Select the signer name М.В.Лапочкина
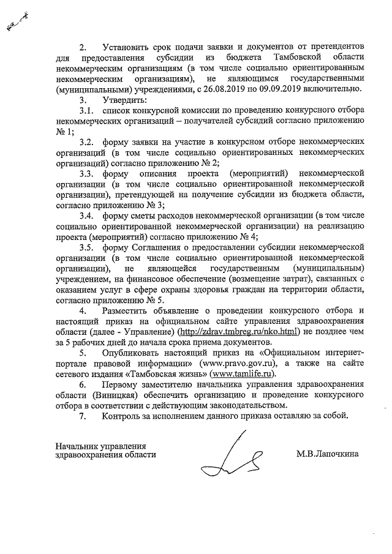pyautogui.click(x=328, y=454)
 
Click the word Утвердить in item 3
pyautogui.click(x=125, y=99)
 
